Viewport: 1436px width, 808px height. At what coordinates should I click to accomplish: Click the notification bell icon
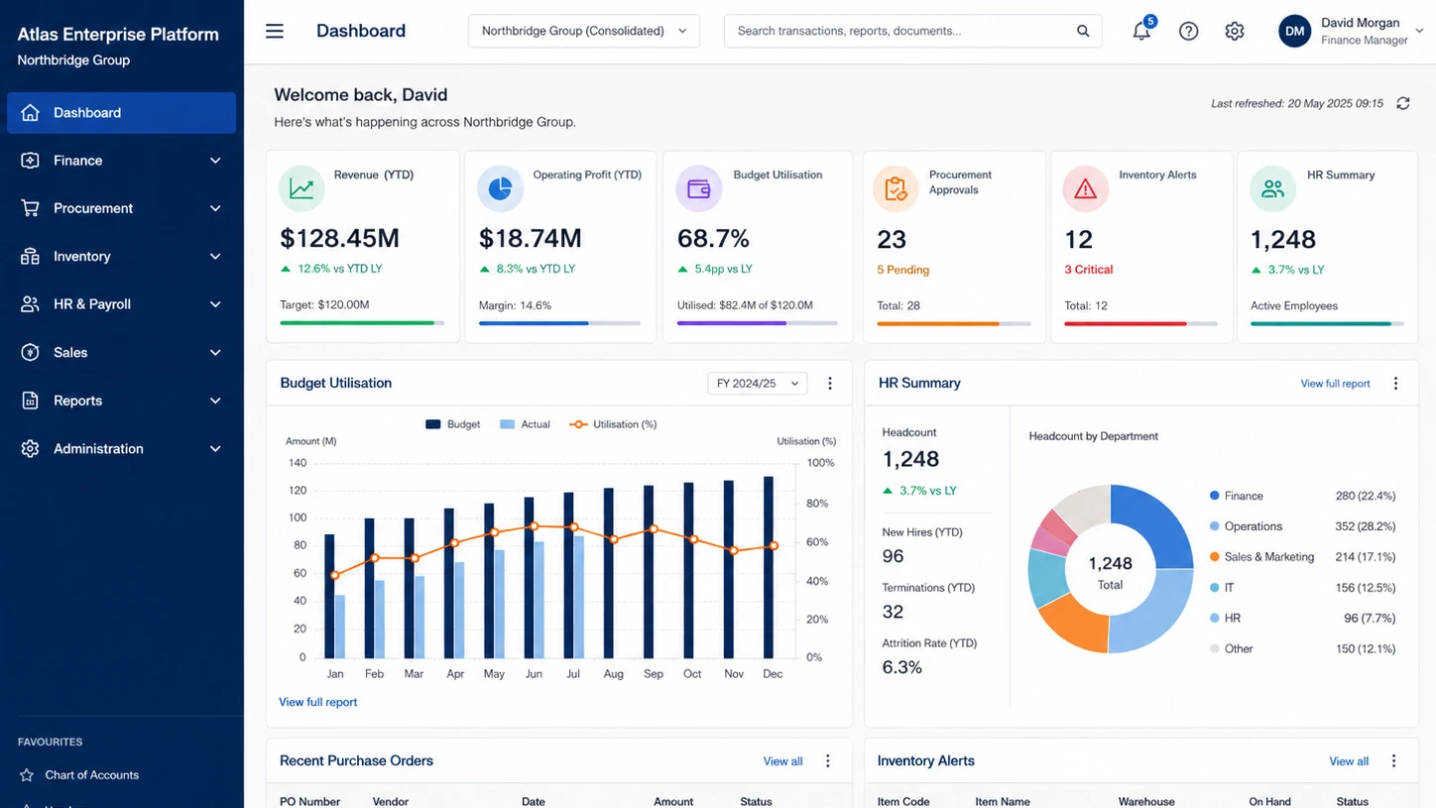pos(1141,31)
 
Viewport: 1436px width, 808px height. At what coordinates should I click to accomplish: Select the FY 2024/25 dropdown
pos(757,383)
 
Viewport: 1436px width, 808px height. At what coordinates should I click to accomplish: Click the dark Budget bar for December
pos(768,567)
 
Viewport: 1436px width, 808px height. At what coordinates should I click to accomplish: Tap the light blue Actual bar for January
pos(340,627)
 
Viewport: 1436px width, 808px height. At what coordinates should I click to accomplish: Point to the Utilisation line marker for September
pos(654,529)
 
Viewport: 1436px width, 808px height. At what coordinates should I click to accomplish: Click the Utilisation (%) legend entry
pos(613,424)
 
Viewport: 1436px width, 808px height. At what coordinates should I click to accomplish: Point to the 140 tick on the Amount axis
pos(298,463)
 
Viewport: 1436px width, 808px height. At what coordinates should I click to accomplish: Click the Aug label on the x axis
pos(613,673)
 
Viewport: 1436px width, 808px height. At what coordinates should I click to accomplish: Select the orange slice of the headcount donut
pos(1072,624)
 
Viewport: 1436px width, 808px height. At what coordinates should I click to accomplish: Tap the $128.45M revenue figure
pos(340,238)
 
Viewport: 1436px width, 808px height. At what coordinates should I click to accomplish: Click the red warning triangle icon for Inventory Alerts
pos(1085,188)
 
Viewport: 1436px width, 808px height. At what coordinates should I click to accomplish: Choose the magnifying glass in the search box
pos(1083,31)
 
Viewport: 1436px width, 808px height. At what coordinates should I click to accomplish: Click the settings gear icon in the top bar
pos(1234,31)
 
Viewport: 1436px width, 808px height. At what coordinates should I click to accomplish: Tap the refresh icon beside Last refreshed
pos(1403,103)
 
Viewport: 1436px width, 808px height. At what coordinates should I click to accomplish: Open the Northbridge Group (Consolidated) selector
pos(583,31)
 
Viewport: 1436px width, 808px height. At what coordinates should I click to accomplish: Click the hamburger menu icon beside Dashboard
pos(275,31)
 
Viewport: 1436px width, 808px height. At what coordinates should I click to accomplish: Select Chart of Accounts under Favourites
pos(91,774)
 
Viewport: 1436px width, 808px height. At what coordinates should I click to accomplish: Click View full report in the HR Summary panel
pos(1336,383)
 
